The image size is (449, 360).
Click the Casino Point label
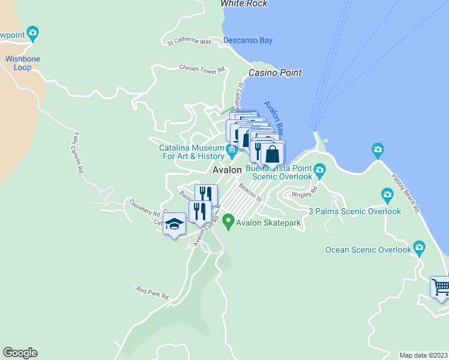point(276,73)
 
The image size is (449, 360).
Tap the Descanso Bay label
point(248,41)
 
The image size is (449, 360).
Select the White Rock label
point(244,4)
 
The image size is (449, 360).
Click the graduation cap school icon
point(174,224)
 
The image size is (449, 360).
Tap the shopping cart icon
point(441,286)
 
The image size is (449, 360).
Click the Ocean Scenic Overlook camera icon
point(419,247)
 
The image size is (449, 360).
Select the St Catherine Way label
point(190,42)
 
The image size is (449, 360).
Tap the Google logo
point(20,353)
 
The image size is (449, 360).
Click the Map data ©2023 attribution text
point(424,355)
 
